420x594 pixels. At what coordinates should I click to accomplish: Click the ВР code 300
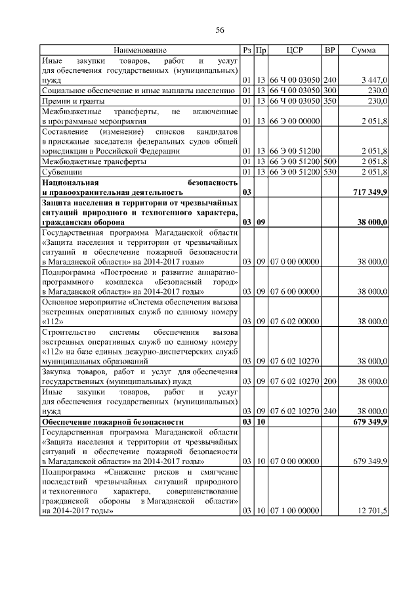click(330, 90)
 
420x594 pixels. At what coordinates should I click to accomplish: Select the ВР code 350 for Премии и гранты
click(330, 100)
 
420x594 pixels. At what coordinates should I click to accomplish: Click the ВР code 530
click(330, 172)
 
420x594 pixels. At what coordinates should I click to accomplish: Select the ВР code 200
click(330, 381)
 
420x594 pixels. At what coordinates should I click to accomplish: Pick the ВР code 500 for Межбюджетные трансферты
click(330, 161)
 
